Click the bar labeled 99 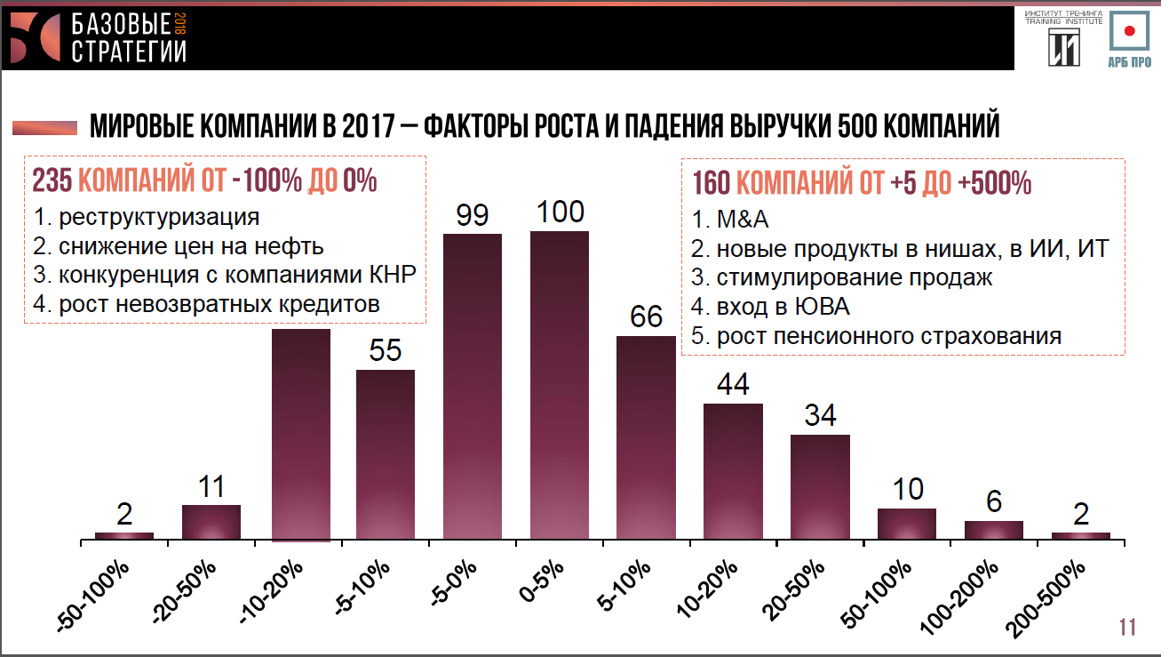coord(472,386)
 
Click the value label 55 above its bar coord(386,350)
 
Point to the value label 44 coord(733,384)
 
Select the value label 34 coord(820,415)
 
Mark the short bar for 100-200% coord(994,530)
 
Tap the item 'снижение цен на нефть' coord(178,245)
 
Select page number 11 coord(1127,627)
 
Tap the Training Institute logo coord(1063,39)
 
